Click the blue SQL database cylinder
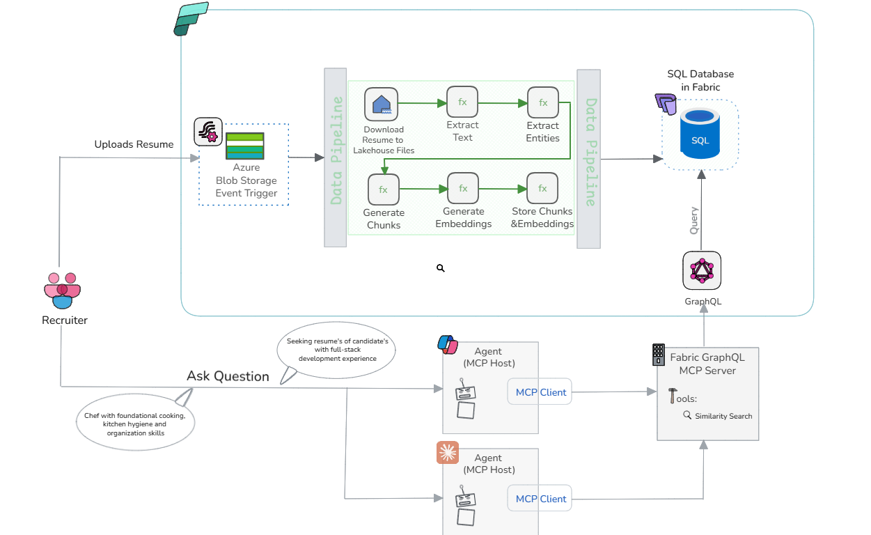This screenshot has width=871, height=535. tap(700, 135)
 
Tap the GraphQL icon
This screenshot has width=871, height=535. tap(702, 271)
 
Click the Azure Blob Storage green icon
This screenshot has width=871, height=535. tap(244, 146)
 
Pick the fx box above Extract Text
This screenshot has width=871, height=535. tap(462, 102)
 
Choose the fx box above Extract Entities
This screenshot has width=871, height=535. tap(543, 102)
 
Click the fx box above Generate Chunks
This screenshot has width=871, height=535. tap(383, 189)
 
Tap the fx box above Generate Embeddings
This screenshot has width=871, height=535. tap(463, 189)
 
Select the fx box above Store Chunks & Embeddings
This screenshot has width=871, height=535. tap(542, 189)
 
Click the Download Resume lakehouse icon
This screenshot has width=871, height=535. tap(381, 104)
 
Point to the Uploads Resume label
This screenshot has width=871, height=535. tap(134, 144)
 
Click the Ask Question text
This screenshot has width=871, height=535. tap(228, 376)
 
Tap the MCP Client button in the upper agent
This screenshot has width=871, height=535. tap(540, 392)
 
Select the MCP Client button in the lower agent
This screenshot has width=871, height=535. tap(540, 499)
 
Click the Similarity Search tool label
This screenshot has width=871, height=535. tap(723, 416)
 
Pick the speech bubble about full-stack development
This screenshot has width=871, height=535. tap(337, 350)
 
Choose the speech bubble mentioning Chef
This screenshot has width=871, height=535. tap(135, 424)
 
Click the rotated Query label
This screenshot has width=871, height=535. tap(693, 220)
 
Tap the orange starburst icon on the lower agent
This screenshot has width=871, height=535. tap(448, 453)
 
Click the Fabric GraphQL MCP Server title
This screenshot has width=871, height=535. tap(707, 364)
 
